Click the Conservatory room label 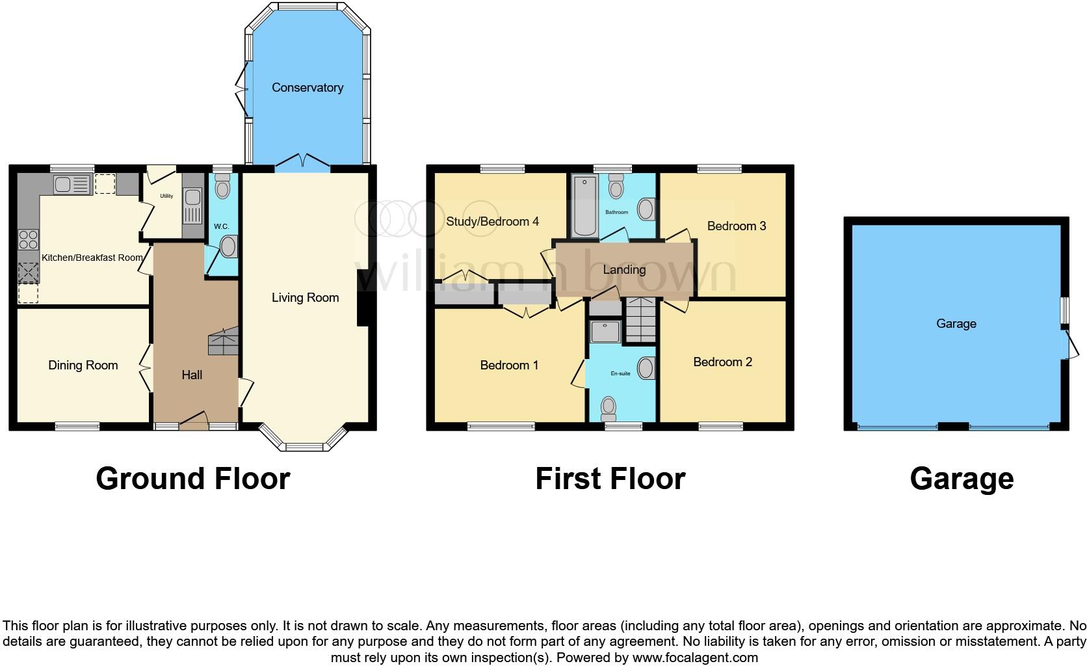pyautogui.click(x=307, y=87)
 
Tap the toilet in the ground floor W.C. pyautogui.click(x=222, y=187)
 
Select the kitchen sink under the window pyautogui.click(x=71, y=185)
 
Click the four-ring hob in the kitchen pyautogui.click(x=28, y=239)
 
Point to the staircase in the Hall pyautogui.click(x=223, y=341)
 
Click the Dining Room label pyautogui.click(x=83, y=365)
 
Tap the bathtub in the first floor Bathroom pyautogui.click(x=584, y=206)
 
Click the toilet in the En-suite pyautogui.click(x=609, y=408)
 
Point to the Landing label pyautogui.click(x=624, y=269)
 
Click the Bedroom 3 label pyautogui.click(x=736, y=226)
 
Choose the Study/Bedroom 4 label pyautogui.click(x=492, y=221)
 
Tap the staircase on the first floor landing pyautogui.click(x=641, y=321)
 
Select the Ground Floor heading pyautogui.click(x=192, y=479)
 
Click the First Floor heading pyautogui.click(x=610, y=479)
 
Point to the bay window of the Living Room pyautogui.click(x=304, y=442)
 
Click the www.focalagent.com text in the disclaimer pyautogui.click(x=694, y=658)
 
